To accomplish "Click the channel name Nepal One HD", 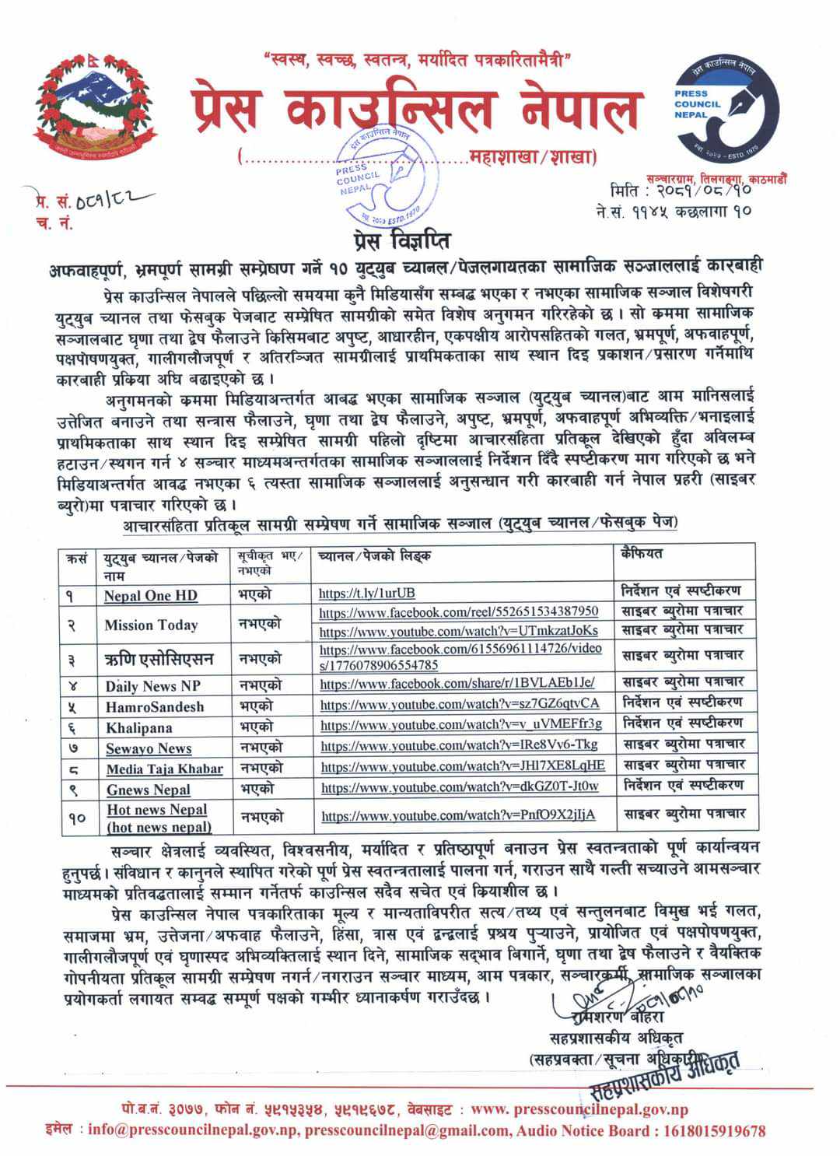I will pyautogui.click(x=151, y=596).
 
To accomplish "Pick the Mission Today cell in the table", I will pyautogui.click(x=151, y=625).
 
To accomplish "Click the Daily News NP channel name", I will pyautogui.click(x=152, y=686).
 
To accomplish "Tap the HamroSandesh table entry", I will pyautogui.click(x=155, y=706).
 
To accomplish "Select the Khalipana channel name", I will pyautogui.click(x=139, y=727).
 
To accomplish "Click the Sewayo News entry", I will pyautogui.click(x=149, y=748).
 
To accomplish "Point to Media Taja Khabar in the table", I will pyautogui.click(x=165, y=769).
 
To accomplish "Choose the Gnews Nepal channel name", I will pyautogui.click(x=149, y=790).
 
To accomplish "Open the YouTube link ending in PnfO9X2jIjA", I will pyautogui.click(x=458, y=816).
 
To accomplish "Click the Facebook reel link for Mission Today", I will pyautogui.click(x=459, y=611).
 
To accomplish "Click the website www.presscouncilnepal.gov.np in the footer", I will pyautogui.click(x=579, y=1109).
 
